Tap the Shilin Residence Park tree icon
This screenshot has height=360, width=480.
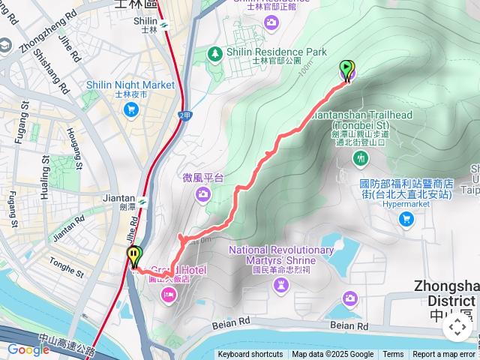216,52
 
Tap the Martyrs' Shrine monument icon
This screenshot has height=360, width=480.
281,284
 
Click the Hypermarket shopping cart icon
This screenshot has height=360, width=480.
406,218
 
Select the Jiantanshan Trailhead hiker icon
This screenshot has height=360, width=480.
362,158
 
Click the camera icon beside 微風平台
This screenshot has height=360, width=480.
203,195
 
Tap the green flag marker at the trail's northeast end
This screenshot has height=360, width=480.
346,70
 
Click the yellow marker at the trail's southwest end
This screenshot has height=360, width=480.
133,256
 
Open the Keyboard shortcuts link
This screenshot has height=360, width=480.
250,355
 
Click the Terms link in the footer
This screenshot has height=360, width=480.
393,355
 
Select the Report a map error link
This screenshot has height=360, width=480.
444,355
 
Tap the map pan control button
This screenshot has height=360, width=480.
457,327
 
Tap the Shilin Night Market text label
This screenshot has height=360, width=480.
130,85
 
